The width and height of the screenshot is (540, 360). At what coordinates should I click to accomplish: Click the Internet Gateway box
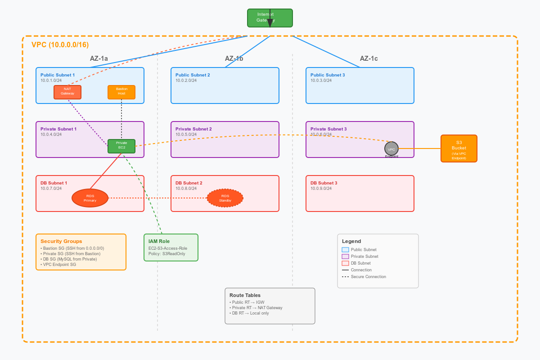point(270,18)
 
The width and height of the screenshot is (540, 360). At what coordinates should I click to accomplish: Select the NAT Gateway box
point(67,92)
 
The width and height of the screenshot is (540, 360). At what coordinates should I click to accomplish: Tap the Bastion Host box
point(121,92)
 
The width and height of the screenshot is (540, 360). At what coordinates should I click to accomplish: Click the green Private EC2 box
point(121,146)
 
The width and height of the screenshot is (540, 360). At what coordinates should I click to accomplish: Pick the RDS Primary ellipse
point(90,198)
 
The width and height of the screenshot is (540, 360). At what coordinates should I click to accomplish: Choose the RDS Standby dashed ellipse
point(225,198)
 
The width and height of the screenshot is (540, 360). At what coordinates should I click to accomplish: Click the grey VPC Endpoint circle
point(391,148)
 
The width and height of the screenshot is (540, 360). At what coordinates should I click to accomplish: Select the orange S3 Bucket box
point(459,148)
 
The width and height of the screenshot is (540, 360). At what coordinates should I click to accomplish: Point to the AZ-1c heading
point(369,58)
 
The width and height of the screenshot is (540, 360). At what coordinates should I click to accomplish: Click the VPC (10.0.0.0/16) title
point(60,45)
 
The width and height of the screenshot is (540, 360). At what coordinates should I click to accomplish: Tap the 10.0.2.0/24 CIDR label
point(186,81)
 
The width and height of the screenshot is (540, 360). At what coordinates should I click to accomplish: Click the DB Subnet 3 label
point(324,183)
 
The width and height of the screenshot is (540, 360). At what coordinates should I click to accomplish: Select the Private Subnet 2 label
point(193,129)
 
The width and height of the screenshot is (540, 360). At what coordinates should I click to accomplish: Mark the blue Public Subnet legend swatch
point(345,250)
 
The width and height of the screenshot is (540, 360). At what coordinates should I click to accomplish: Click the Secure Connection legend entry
point(368,277)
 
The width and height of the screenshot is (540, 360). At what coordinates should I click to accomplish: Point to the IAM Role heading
point(159,241)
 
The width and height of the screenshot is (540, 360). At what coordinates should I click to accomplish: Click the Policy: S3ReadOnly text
point(166,254)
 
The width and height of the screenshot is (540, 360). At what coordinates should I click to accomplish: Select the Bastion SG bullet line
point(72,248)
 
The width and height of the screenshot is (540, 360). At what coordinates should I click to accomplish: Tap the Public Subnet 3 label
point(328,75)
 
